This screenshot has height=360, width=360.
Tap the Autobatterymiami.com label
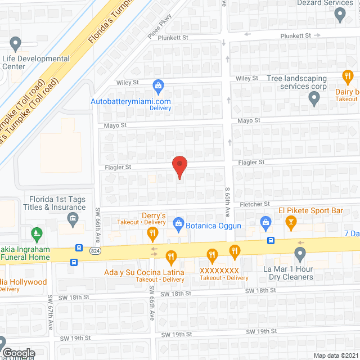click(x=131, y=101)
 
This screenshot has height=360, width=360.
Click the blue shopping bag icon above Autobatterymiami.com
click(x=158, y=86)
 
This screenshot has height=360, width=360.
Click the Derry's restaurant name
click(x=153, y=215)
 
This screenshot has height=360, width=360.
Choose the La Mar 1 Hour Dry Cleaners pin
click(x=300, y=255)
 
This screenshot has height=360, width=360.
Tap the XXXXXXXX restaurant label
click(x=220, y=271)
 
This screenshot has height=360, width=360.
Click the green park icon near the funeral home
click(x=37, y=232)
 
